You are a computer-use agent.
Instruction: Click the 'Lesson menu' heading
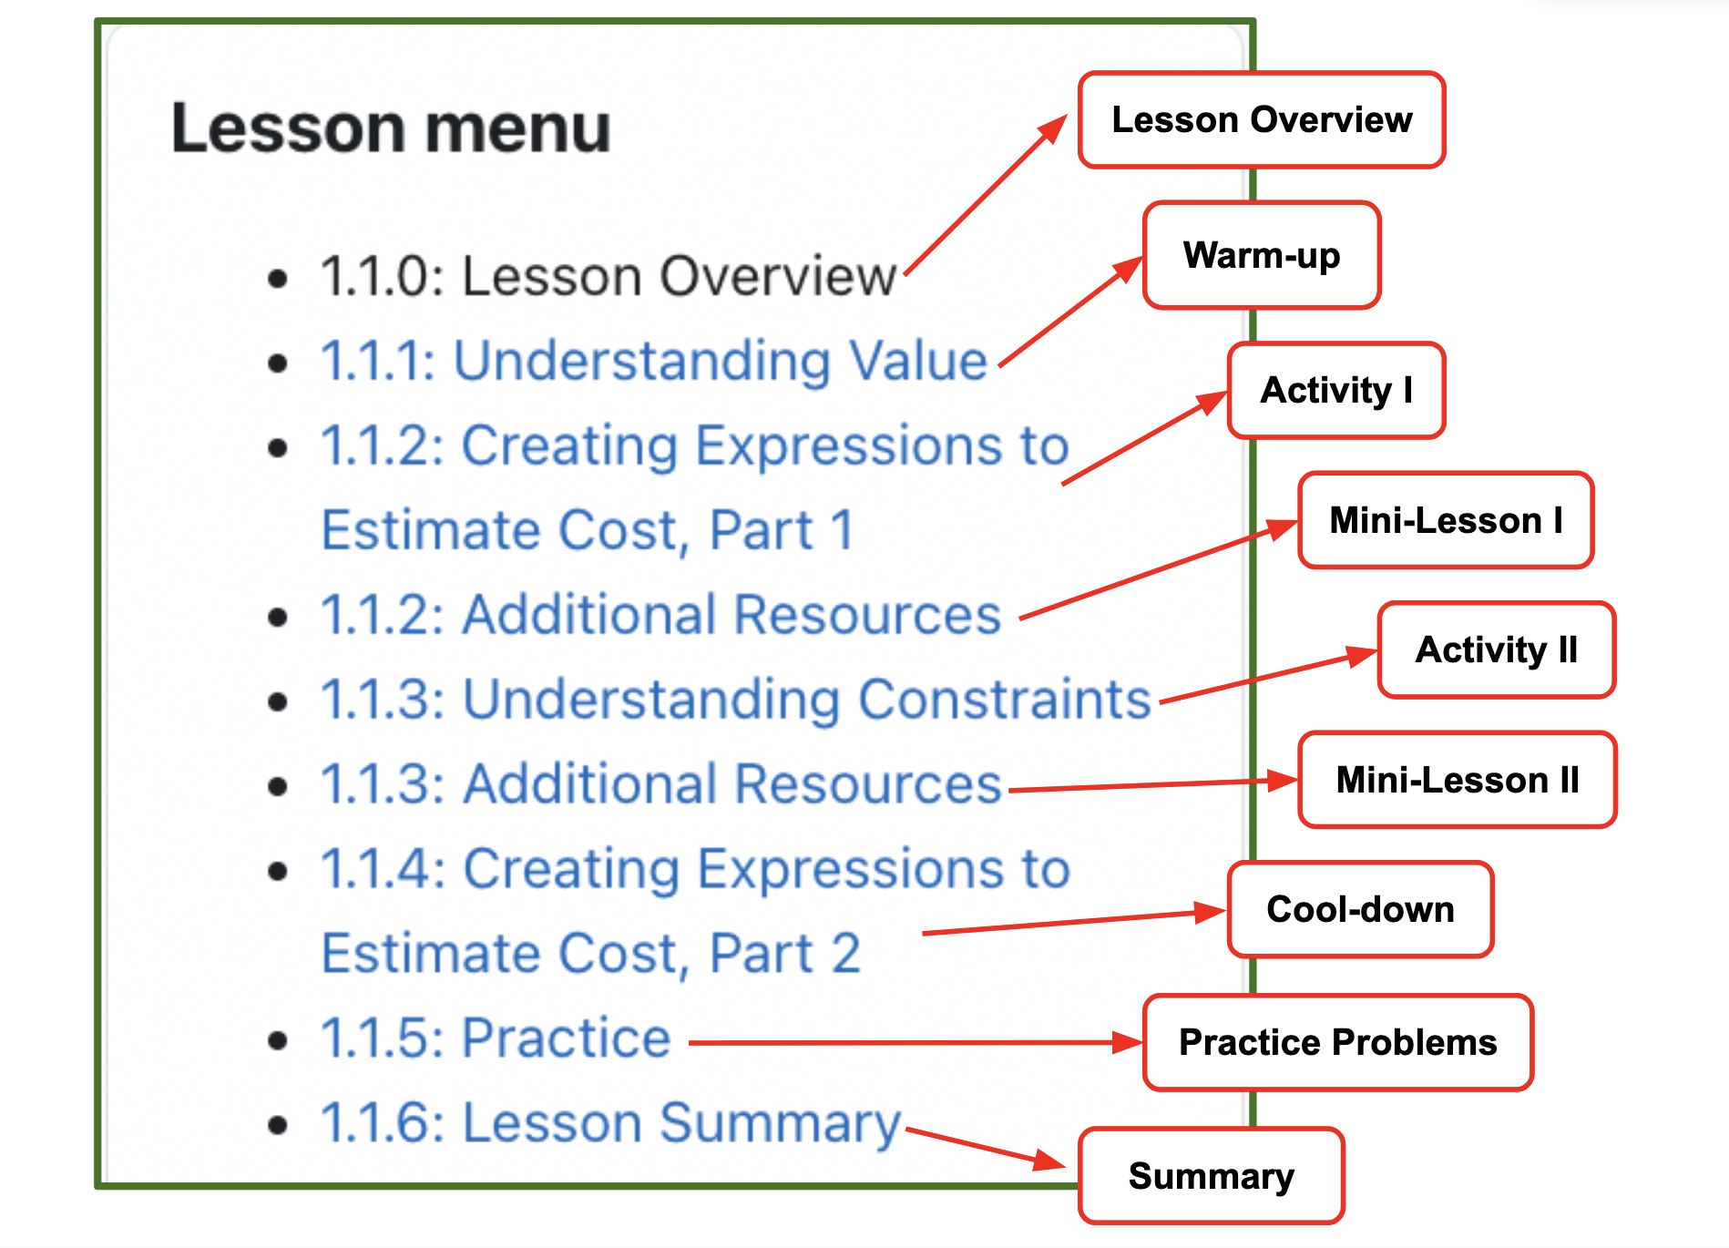pyautogui.click(x=391, y=128)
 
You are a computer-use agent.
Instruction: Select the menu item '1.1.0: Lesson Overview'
pyautogui.click(x=609, y=276)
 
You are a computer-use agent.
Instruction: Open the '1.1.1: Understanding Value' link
pyautogui.click(x=654, y=361)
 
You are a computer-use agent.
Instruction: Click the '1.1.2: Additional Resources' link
pyautogui.click(x=661, y=615)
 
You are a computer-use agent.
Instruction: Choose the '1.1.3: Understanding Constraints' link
pyautogui.click(x=736, y=700)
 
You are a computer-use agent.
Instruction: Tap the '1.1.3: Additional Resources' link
pyautogui.click(x=661, y=784)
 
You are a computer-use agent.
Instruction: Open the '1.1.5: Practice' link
pyautogui.click(x=496, y=1038)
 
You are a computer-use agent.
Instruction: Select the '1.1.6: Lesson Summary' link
pyautogui.click(x=610, y=1124)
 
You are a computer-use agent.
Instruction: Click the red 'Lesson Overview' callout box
pyautogui.click(x=1262, y=120)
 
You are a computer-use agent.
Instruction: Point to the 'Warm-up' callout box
pyautogui.click(x=1262, y=255)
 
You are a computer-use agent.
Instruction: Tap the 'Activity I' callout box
pyautogui.click(x=1336, y=391)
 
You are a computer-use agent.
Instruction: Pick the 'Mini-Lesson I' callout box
pyautogui.click(x=1446, y=520)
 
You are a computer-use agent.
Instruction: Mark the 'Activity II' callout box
pyautogui.click(x=1497, y=650)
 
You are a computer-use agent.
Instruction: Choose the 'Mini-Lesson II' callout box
pyautogui.click(x=1458, y=780)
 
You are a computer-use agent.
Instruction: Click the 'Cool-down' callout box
pyautogui.click(x=1361, y=909)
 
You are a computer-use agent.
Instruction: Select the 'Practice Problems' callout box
pyautogui.click(x=1338, y=1042)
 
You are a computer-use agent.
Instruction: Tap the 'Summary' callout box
pyautogui.click(x=1212, y=1176)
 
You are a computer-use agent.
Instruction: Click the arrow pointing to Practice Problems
pyautogui.click(x=916, y=1043)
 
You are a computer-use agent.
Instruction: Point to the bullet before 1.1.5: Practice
pyautogui.click(x=278, y=1040)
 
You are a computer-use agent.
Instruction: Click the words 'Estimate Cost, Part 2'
pyautogui.click(x=591, y=954)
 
